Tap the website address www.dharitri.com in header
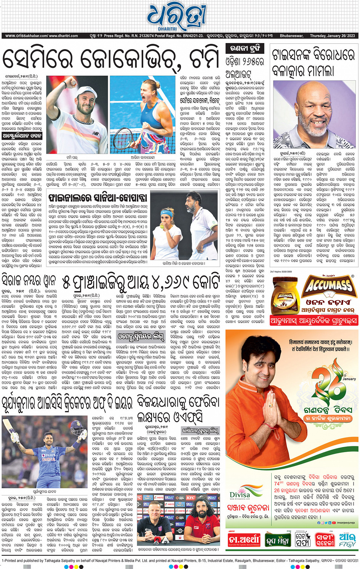63,36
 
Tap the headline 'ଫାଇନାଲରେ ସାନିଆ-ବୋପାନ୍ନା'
98,197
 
